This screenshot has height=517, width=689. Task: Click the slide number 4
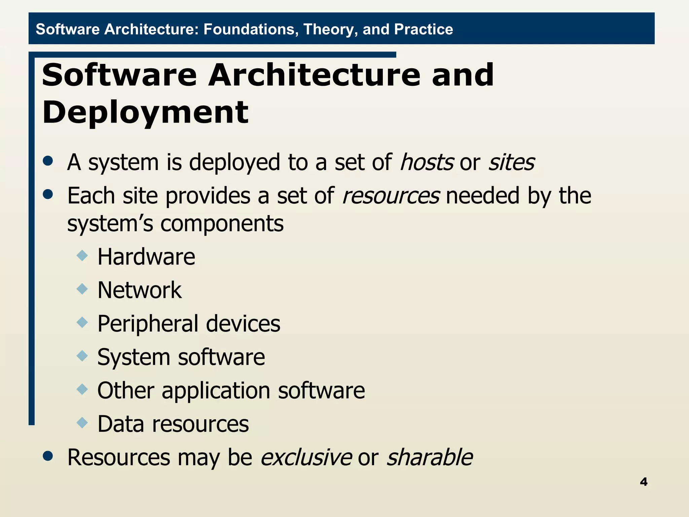tap(643, 482)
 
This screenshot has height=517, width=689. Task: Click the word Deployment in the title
tap(145, 113)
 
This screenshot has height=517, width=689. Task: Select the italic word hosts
tap(427, 162)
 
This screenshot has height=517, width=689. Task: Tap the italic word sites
tap(511, 162)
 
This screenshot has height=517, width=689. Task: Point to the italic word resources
tap(391, 196)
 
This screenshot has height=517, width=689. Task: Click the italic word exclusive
tap(306, 457)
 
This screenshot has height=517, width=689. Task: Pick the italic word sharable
tap(430, 457)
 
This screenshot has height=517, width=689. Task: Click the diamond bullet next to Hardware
tap(82, 255)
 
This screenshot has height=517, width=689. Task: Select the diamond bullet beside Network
tap(82, 289)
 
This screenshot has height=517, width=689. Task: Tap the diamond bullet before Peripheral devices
tap(82, 322)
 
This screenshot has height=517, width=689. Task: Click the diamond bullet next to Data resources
tap(82, 422)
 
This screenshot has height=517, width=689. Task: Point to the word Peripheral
tap(148, 324)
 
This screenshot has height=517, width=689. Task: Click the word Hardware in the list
tap(146, 257)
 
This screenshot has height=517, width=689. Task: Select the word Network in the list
tap(140, 290)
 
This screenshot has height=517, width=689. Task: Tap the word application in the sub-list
tap(216, 391)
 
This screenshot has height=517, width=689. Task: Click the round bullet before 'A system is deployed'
tap(48, 161)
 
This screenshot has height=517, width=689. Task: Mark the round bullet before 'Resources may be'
tap(48, 456)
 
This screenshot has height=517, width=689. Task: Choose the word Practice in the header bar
tap(423, 29)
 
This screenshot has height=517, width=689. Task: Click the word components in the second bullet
tap(222, 224)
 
